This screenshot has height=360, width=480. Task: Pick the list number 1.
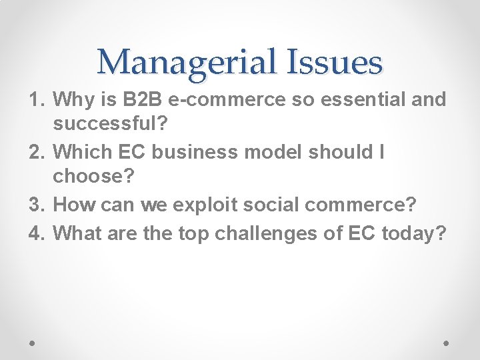(x=37, y=100)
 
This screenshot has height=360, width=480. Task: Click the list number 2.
(x=37, y=152)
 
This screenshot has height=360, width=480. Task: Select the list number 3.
(x=37, y=205)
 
